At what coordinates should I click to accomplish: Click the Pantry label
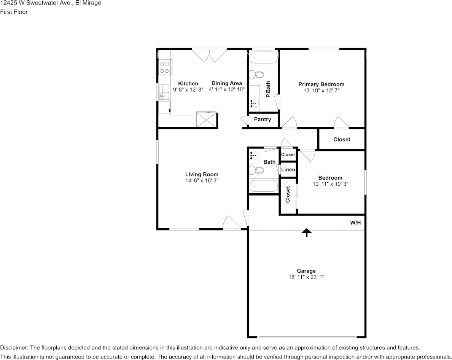(x=263, y=119)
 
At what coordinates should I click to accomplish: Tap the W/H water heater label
(x=355, y=223)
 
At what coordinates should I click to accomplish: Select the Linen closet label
(x=288, y=169)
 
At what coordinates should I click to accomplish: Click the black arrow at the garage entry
(x=306, y=233)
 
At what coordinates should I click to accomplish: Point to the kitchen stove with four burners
(x=165, y=67)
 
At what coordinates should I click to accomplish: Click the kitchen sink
(x=165, y=91)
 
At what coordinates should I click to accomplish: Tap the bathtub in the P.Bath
(x=263, y=59)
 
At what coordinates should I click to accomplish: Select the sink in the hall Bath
(x=255, y=155)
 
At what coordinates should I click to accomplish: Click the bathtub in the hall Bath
(x=263, y=186)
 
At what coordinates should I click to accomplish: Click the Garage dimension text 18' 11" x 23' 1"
(x=306, y=277)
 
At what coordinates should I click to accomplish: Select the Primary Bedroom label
(x=321, y=84)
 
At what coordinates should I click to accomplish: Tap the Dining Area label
(x=227, y=83)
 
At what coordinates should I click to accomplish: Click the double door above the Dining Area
(x=209, y=56)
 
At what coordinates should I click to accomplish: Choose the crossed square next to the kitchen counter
(x=207, y=119)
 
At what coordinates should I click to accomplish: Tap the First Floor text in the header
(x=14, y=12)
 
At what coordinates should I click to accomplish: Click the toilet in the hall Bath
(x=256, y=170)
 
